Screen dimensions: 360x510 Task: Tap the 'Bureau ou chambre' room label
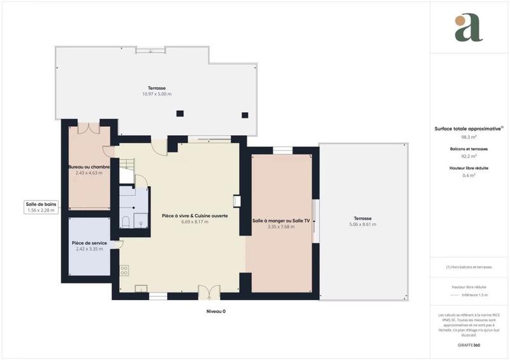tap(89, 167)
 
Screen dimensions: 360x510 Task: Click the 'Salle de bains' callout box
tap(41, 206)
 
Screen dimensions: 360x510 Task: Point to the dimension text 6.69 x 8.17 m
tap(194, 222)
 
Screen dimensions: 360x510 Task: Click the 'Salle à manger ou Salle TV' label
tap(280, 220)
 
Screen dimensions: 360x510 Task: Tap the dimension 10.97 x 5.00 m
tap(157, 94)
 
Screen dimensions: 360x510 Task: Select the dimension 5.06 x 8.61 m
tap(362, 224)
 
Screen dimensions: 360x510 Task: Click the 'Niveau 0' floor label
tap(215, 312)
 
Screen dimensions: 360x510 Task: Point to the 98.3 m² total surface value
tap(469, 136)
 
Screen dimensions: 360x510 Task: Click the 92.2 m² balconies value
tap(469, 155)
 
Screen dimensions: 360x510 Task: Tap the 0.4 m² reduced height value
tap(469, 175)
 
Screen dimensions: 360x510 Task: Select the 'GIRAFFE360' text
tap(469, 345)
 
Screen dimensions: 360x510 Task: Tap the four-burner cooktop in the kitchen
tap(124, 270)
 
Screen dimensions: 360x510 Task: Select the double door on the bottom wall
tap(208, 292)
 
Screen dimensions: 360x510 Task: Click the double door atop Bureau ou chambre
tap(89, 127)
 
